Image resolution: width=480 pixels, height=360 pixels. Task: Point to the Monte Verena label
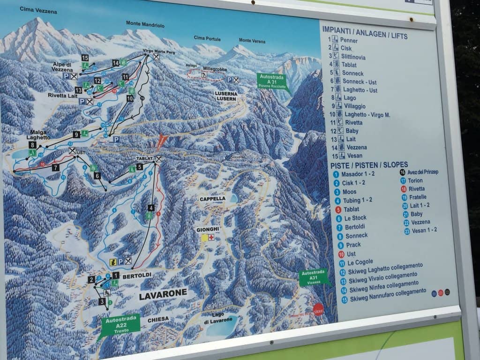252,41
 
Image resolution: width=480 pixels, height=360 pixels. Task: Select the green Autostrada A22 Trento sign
120,324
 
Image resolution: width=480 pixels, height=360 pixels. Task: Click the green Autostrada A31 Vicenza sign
313,278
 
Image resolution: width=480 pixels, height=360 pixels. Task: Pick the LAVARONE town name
163,293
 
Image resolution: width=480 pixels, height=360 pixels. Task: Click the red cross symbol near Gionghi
211,238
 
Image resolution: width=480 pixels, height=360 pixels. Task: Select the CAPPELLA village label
213,199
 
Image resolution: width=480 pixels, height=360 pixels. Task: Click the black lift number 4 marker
150,208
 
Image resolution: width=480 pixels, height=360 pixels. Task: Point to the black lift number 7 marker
56,167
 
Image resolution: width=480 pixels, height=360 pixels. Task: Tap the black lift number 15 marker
85,58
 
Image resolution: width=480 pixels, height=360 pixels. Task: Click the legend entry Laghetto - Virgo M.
366,114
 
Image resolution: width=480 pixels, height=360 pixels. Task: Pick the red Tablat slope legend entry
351,210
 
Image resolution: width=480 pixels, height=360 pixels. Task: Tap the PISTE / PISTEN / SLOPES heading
369,165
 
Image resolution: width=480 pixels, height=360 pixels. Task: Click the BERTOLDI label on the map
136,277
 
